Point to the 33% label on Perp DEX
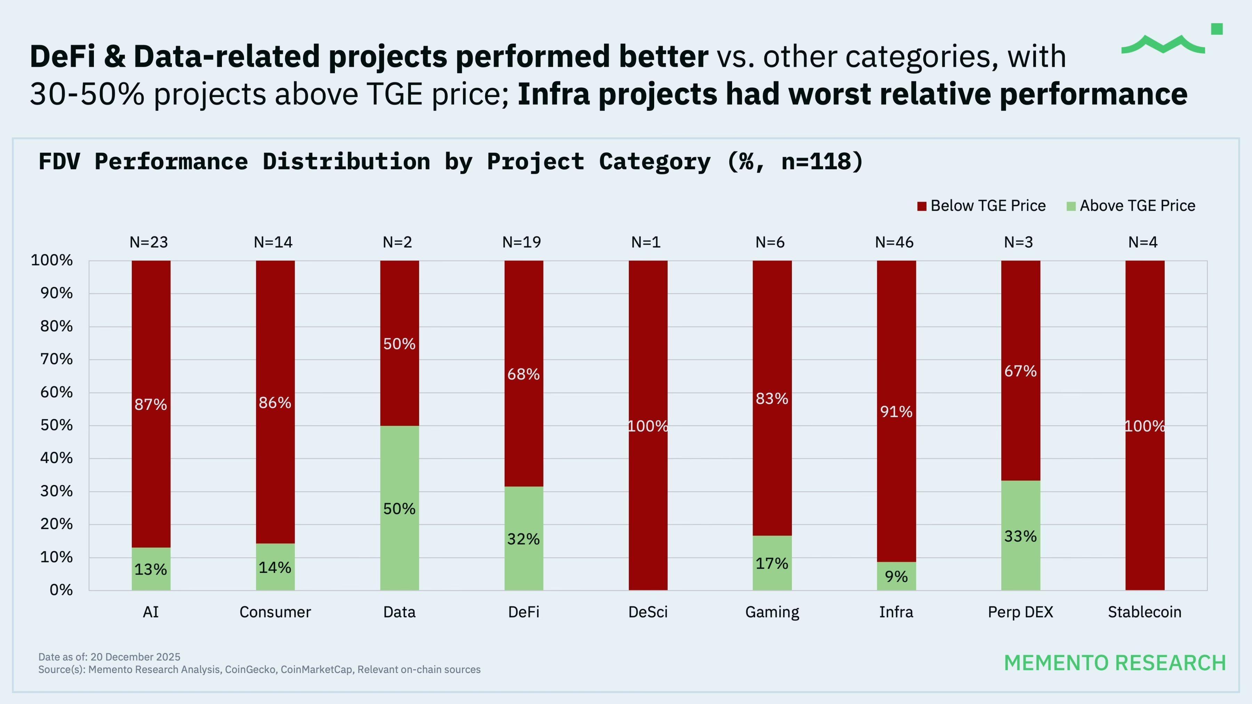[1020, 536]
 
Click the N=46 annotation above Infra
[894, 242]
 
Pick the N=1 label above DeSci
[646, 242]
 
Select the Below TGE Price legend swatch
[922, 206]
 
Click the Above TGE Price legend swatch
[1071, 206]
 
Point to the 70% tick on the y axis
[56, 359]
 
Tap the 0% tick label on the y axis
[61, 590]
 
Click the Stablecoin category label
[1145, 612]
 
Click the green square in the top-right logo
[1217, 29]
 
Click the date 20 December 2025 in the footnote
[135, 657]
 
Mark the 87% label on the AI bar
[151, 404]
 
